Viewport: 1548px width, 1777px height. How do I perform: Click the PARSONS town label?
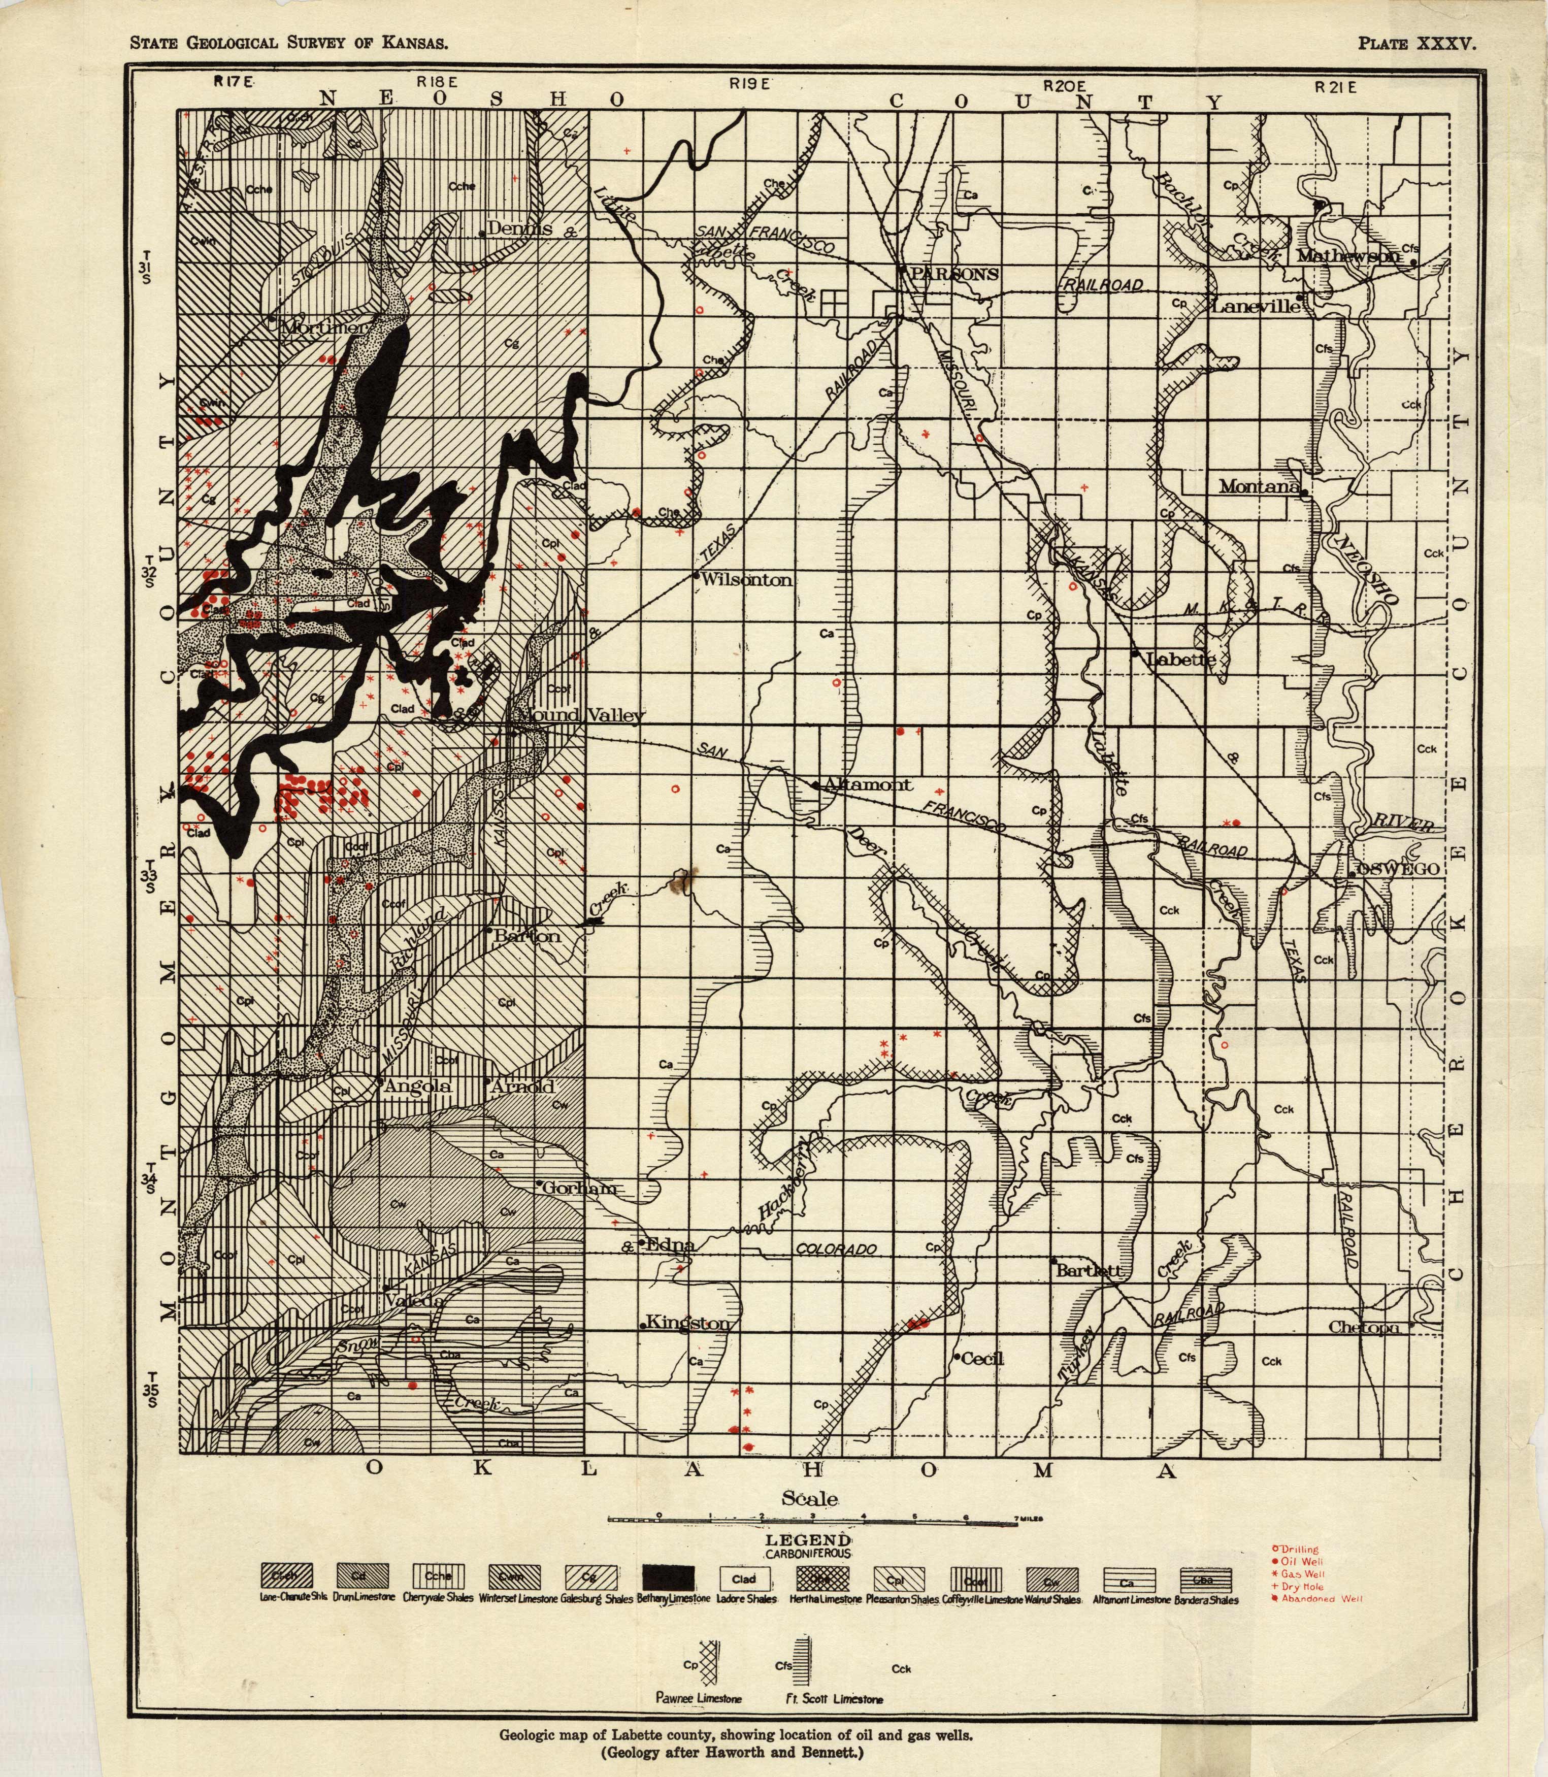[954, 274]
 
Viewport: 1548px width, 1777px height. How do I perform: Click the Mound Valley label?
[580, 715]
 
